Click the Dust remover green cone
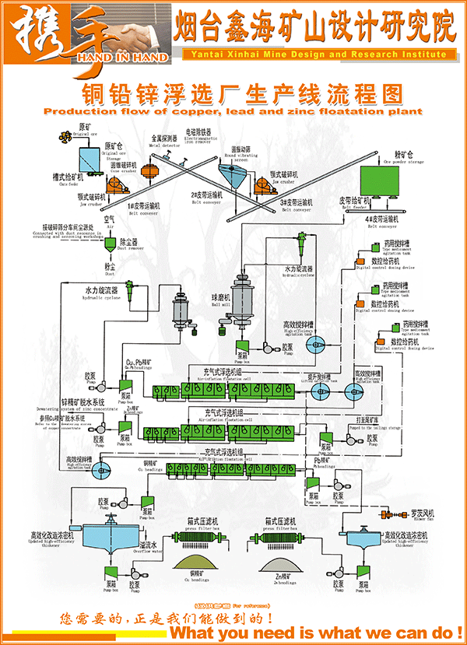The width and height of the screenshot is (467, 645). point(111,244)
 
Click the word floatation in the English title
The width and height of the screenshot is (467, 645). point(343,111)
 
